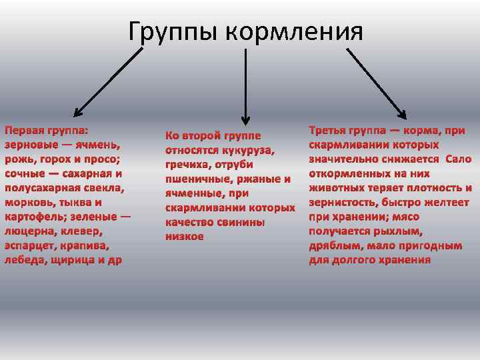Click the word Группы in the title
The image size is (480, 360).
(x=173, y=31)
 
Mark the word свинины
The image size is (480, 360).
(x=241, y=222)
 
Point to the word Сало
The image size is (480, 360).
(x=458, y=159)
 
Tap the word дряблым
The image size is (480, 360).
(x=334, y=245)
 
